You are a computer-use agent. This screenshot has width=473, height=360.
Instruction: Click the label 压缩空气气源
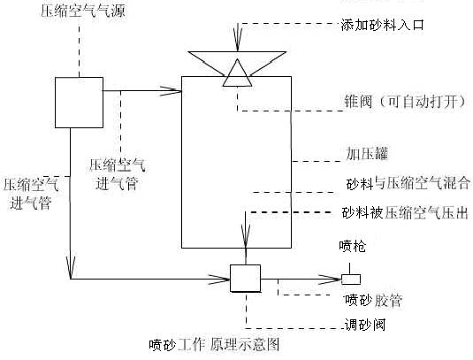click(82, 11)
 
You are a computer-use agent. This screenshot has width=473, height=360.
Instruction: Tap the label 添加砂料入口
click(382, 25)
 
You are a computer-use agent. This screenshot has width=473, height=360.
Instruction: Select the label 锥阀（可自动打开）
click(405, 101)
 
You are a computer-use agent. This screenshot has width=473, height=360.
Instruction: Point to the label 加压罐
click(367, 154)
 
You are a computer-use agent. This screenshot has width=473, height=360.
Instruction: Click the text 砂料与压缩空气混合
click(408, 183)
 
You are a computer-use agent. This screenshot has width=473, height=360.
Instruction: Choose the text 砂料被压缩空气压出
click(405, 212)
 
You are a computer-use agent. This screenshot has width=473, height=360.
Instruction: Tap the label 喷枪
click(352, 246)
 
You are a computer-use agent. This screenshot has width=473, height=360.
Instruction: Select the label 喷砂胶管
click(373, 300)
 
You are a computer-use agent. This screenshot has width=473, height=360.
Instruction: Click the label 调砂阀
click(365, 325)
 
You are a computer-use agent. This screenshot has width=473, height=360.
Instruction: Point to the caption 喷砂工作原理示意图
click(214, 345)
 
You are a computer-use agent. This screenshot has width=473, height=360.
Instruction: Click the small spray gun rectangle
click(351, 280)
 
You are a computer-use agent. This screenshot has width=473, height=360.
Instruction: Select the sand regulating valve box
click(245, 279)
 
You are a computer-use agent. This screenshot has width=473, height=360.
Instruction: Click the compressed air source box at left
click(79, 103)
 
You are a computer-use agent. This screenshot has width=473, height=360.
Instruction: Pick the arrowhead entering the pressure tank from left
click(171, 91)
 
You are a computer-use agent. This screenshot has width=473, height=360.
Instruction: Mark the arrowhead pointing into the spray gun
click(331, 280)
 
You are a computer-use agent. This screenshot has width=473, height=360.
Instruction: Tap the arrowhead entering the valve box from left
click(219, 280)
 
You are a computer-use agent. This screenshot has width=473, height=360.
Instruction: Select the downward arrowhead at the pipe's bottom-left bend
click(70, 268)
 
